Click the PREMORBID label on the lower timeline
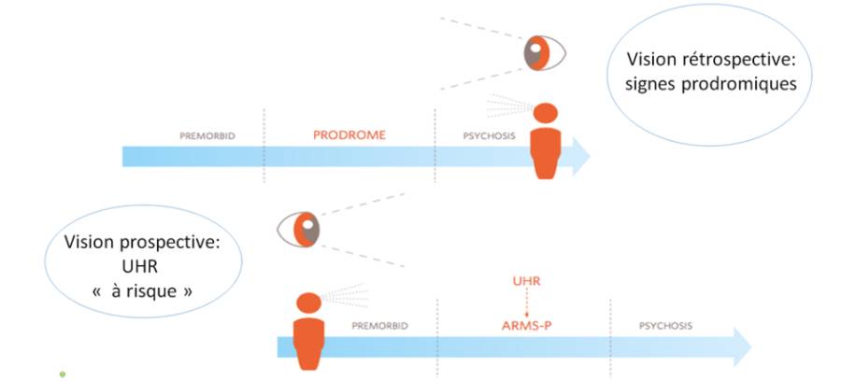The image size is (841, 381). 380,326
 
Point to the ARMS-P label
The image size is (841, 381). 524,326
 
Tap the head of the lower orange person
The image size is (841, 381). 308,304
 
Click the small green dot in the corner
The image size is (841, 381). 63,374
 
